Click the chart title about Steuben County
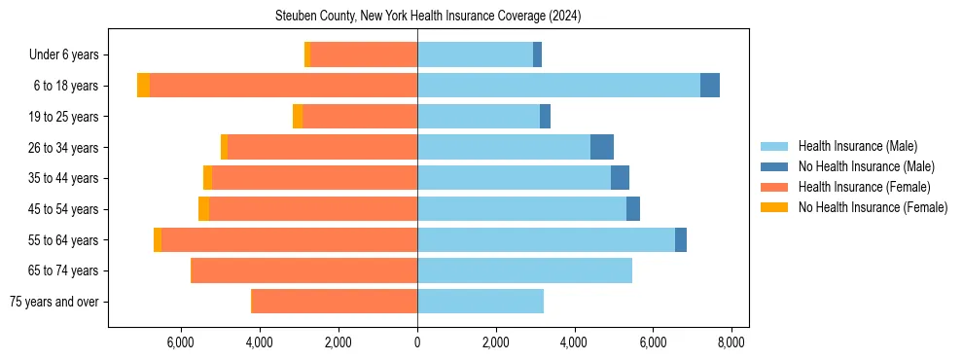481,16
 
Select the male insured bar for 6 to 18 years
558,86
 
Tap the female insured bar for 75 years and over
335,302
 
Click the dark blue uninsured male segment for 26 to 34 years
602,147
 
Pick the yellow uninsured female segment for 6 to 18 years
144,86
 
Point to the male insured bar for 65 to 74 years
524,270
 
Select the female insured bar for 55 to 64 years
290,239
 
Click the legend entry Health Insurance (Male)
857,146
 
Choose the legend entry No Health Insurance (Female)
873,207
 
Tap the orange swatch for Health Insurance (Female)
774,187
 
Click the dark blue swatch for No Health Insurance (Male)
774,166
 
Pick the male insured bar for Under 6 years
475,54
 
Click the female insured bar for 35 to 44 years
315,178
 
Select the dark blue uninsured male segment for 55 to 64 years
681,239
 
